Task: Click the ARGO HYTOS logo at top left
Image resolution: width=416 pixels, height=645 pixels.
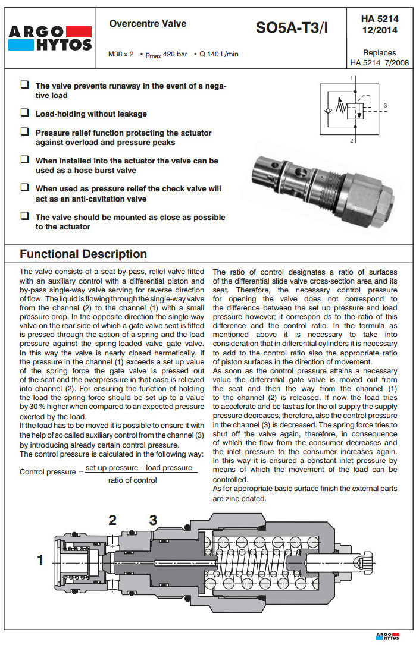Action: [x=51, y=37]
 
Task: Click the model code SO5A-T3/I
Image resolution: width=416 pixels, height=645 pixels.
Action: [x=292, y=28]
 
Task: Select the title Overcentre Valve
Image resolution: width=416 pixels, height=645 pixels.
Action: [x=148, y=24]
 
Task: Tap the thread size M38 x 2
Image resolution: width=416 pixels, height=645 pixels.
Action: [x=121, y=54]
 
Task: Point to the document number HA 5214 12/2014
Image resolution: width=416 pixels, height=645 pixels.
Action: [x=380, y=24]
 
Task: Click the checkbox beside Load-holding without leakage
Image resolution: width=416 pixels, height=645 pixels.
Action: [x=24, y=112]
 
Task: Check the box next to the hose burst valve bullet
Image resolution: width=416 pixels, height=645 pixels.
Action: [x=24, y=159]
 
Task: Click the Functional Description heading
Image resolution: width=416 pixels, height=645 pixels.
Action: [x=83, y=254]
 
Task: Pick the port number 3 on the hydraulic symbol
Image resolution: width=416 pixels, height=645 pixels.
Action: [x=386, y=106]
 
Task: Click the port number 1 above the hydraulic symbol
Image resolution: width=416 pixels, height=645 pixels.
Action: [x=352, y=78]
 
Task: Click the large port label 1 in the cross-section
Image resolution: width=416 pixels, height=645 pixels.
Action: [x=40, y=559]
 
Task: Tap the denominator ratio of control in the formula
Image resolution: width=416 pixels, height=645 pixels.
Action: [x=133, y=480]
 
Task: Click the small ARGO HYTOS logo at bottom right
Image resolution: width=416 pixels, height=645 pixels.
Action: [x=391, y=635]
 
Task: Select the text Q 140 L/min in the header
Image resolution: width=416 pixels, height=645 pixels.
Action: [x=218, y=54]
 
